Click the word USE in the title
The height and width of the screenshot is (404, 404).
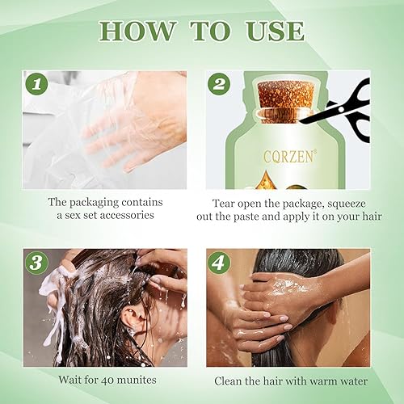[x=271, y=32]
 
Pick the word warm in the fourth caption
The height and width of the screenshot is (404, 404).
[x=318, y=381]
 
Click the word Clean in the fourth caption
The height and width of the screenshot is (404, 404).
[x=230, y=381]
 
